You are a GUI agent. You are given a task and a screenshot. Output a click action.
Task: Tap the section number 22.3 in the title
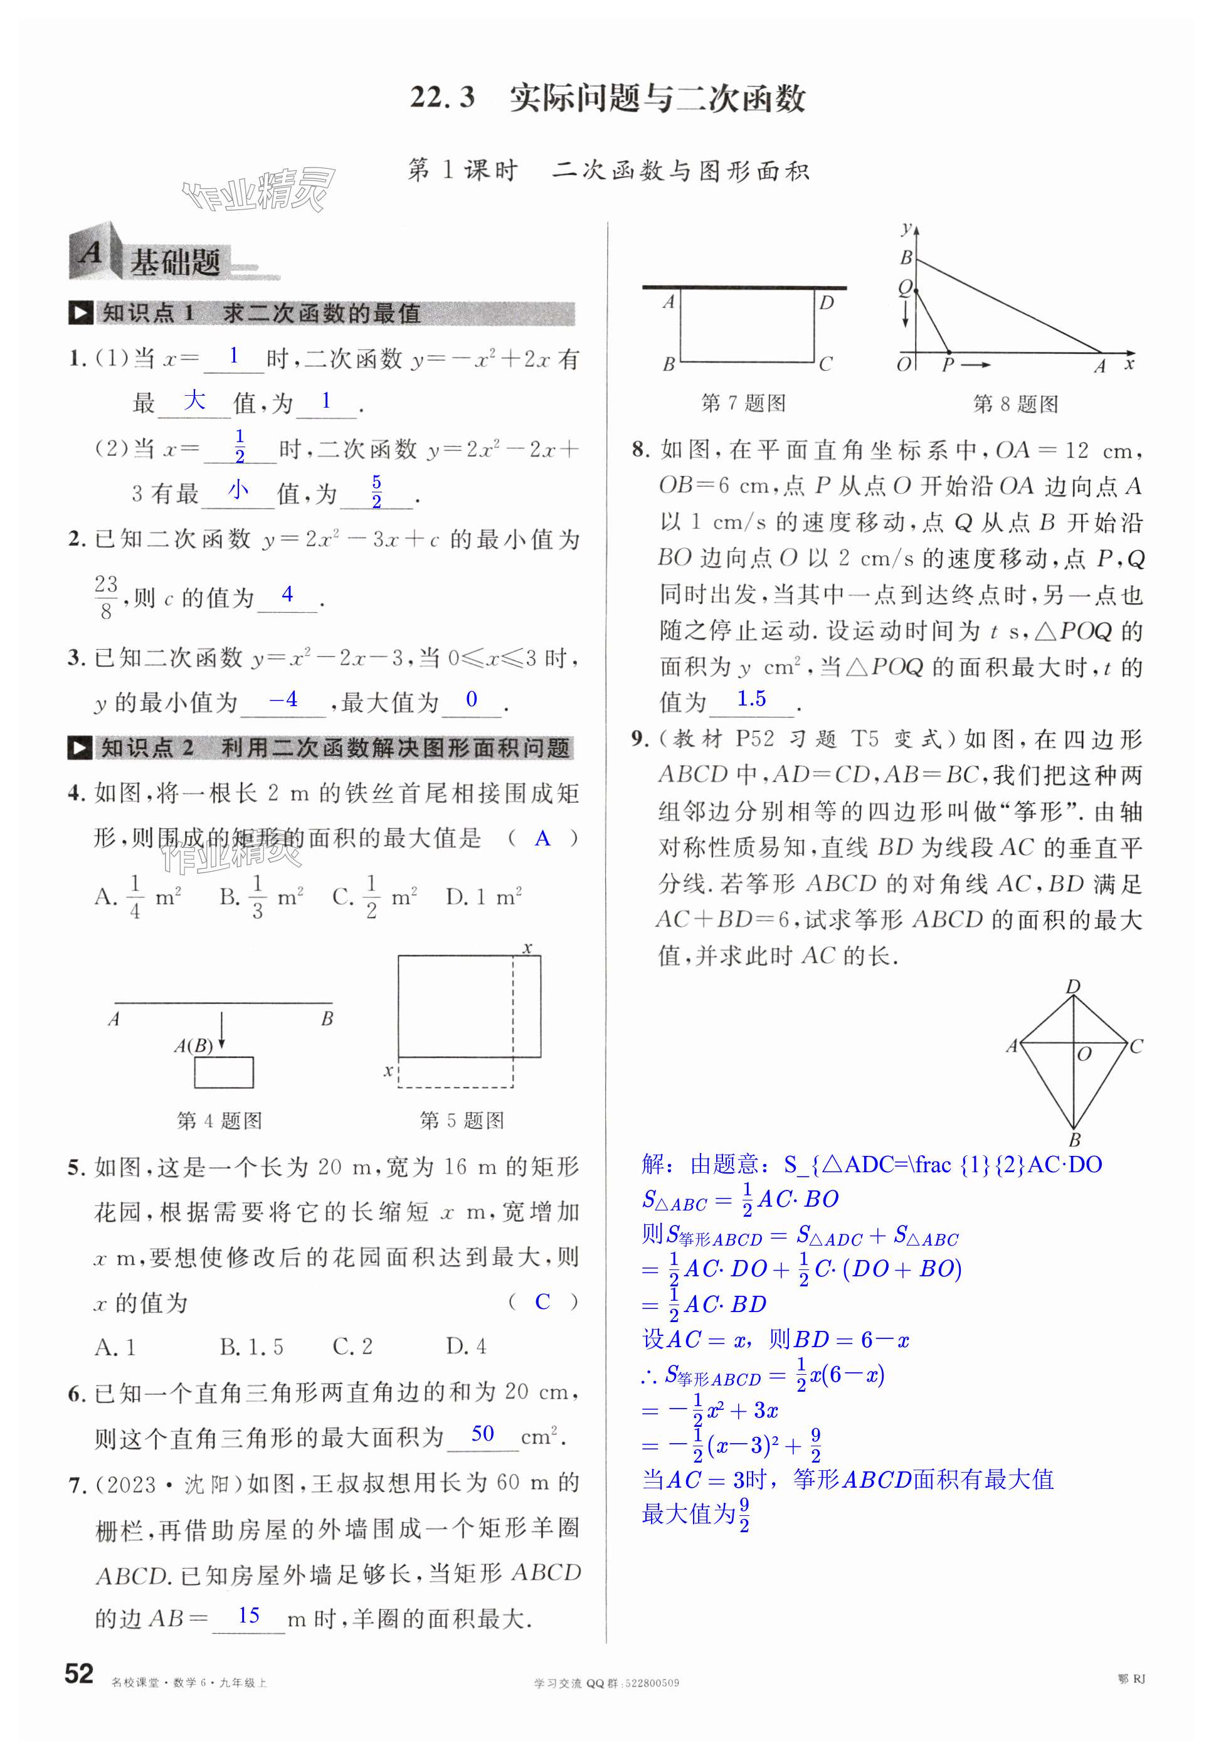(442, 98)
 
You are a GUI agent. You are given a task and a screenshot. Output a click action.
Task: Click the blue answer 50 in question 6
(482, 1433)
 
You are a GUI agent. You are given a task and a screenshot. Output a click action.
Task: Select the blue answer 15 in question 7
(249, 1616)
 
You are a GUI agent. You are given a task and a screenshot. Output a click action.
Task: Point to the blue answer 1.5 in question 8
(751, 699)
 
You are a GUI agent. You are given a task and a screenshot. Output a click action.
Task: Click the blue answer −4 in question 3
(283, 699)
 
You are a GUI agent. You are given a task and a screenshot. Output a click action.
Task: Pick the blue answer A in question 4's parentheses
(542, 839)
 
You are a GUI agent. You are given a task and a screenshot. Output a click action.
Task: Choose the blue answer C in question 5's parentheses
(542, 1302)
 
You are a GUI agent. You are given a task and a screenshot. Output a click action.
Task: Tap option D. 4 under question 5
(466, 1347)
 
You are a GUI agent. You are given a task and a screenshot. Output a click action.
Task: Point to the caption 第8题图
(1015, 404)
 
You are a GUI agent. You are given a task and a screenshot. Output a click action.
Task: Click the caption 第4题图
(219, 1121)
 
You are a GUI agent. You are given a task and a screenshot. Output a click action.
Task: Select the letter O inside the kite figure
(1084, 1055)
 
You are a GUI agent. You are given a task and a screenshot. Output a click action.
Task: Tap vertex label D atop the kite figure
(1072, 987)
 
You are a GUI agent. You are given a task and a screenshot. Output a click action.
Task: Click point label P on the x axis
(947, 366)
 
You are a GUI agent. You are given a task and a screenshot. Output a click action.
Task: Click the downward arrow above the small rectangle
(221, 1029)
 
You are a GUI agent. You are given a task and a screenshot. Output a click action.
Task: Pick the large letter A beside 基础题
(90, 253)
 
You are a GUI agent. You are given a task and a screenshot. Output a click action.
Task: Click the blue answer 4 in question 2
(287, 594)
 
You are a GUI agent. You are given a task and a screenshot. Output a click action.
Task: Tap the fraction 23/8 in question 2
(106, 597)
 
